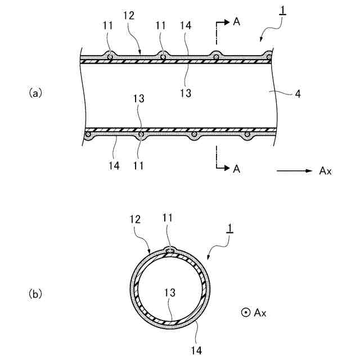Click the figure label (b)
pyautogui.click(x=35, y=293)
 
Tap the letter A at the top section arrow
pyautogui.click(x=236, y=22)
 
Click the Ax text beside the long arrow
pyautogui.click(x=325, y=171)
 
